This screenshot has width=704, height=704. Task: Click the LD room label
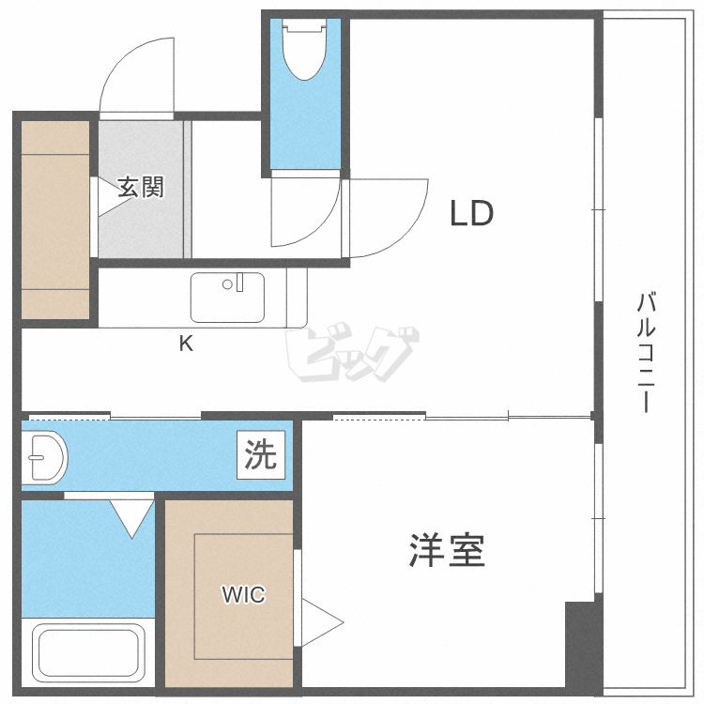[x=471, y=215]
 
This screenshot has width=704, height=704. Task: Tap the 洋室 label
[x=447, y=551]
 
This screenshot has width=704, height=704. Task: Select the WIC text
[x=243, y=594]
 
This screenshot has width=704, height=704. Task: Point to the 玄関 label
[x=142, y=187]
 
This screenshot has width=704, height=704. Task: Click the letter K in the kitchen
[x=187, y=344]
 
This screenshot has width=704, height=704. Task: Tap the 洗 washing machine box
[x=261, y=456]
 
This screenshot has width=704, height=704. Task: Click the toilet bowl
[x=302, y=54]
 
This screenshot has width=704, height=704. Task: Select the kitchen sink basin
[x=228, y=298]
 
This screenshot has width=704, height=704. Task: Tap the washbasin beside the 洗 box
[x=44, y=456]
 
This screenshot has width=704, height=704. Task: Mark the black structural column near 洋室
[x=580, y=648]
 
